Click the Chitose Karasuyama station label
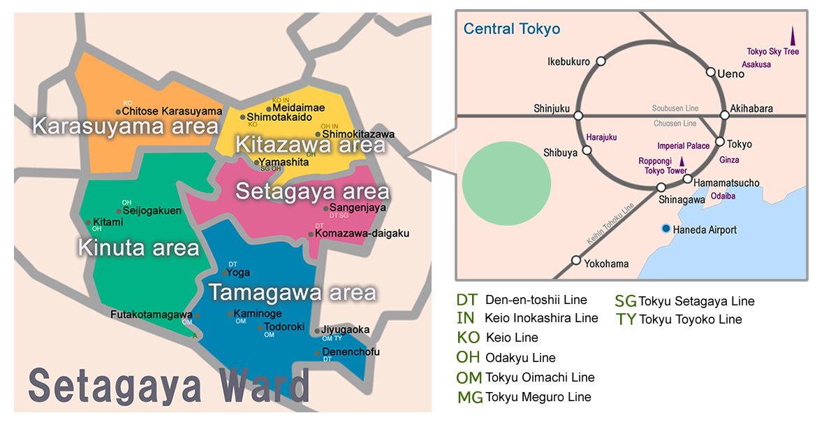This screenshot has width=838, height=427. [172, 111]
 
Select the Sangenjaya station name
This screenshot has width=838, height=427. [358, 208]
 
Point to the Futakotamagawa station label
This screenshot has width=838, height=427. [152, 314]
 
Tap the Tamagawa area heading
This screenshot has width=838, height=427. [293, 292]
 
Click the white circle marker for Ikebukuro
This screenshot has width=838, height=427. [601, 61]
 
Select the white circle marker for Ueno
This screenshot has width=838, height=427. [710, 72]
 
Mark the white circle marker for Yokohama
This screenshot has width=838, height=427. [576, 261]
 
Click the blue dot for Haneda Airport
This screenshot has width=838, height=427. [666, 229]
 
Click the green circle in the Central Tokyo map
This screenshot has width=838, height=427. [506, 181]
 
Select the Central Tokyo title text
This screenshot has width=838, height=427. [512, 29]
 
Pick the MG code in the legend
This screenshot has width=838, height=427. [470, 398]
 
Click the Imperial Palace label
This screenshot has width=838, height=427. [683, 146]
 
